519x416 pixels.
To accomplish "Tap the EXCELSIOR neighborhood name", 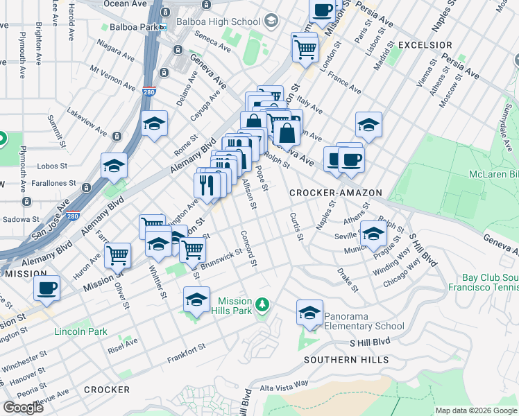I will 425,45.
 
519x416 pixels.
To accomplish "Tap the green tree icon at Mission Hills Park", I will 262,304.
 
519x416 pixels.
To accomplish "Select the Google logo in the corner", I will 23,407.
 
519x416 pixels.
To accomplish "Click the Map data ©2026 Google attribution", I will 476,410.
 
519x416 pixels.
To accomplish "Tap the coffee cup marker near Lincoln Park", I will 46,288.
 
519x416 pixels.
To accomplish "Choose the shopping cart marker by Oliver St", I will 118,254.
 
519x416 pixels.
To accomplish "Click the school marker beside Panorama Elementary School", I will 309,313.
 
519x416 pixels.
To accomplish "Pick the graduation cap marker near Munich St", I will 373,234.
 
